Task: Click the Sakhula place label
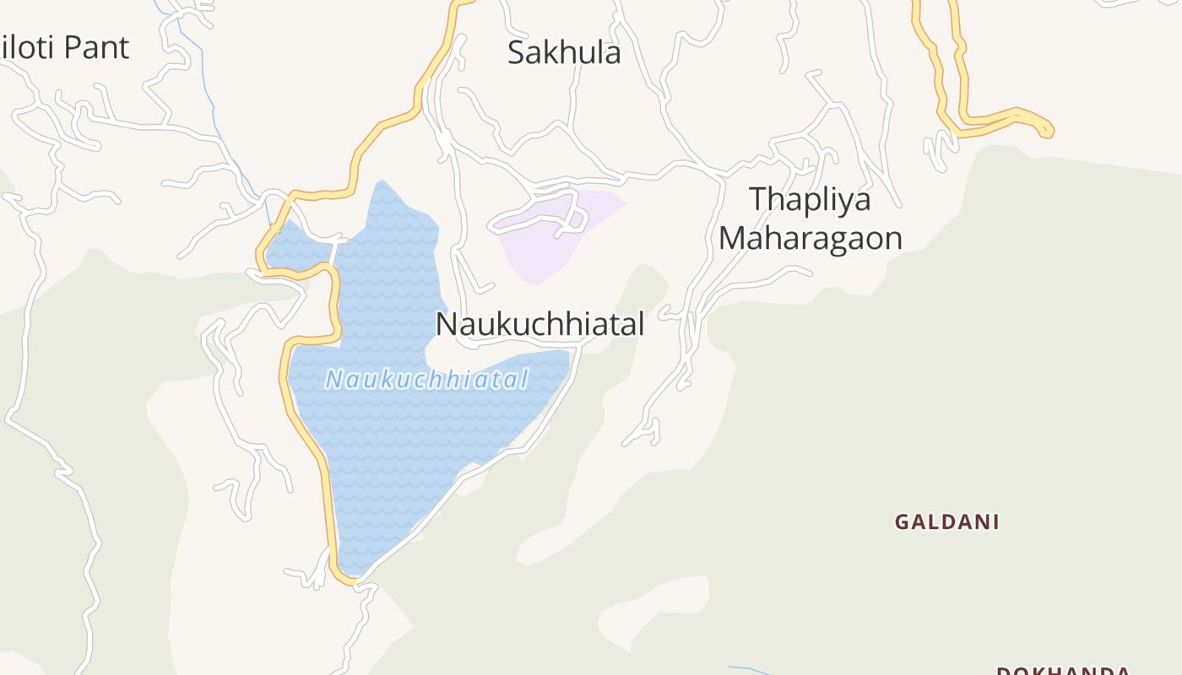pyautogui.click(x=564, y=52)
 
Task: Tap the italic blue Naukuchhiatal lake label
pyautogui.click(x=427, y=380)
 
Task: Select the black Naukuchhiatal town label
pyautogui.click(x=539, y=324)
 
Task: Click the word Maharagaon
pyautogui.click(x=810, y=239)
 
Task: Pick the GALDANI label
pyautogui.click(x=946, y=522)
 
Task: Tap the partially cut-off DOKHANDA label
pyautogui.click(x=1062, y=671)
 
